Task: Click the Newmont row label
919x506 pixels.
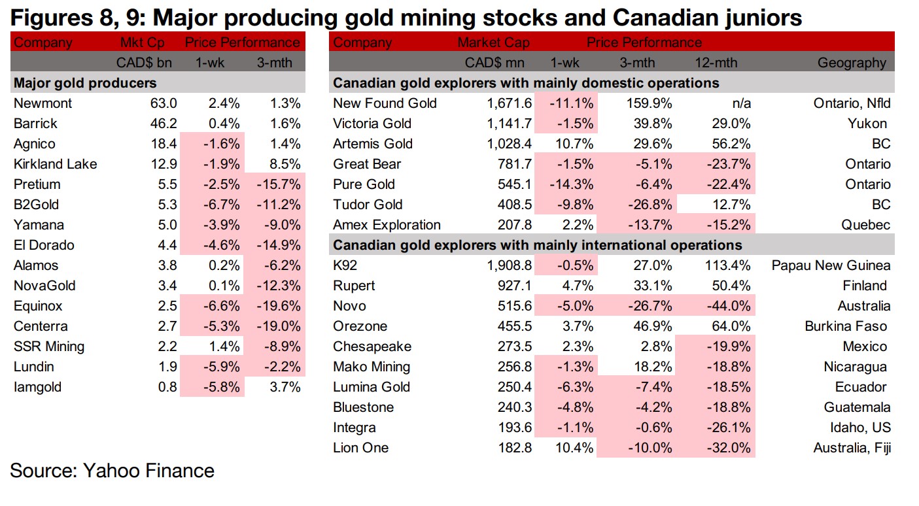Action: coord(43,103)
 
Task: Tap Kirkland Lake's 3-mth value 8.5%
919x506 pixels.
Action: coord(285,164)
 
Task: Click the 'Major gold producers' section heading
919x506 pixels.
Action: coord(85,83)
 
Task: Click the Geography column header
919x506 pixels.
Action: coord(852,63)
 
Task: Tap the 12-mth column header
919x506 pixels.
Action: coord(716,63)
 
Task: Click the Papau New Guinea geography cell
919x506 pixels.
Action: coord(831,265)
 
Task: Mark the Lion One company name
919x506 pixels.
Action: coord(360,448)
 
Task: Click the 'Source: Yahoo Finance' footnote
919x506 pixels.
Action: coord(112,471)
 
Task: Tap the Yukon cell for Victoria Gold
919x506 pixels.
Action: coord(867,124)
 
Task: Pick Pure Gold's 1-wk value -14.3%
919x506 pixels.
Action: coord(569,184)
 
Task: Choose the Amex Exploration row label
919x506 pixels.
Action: coord(387,225)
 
